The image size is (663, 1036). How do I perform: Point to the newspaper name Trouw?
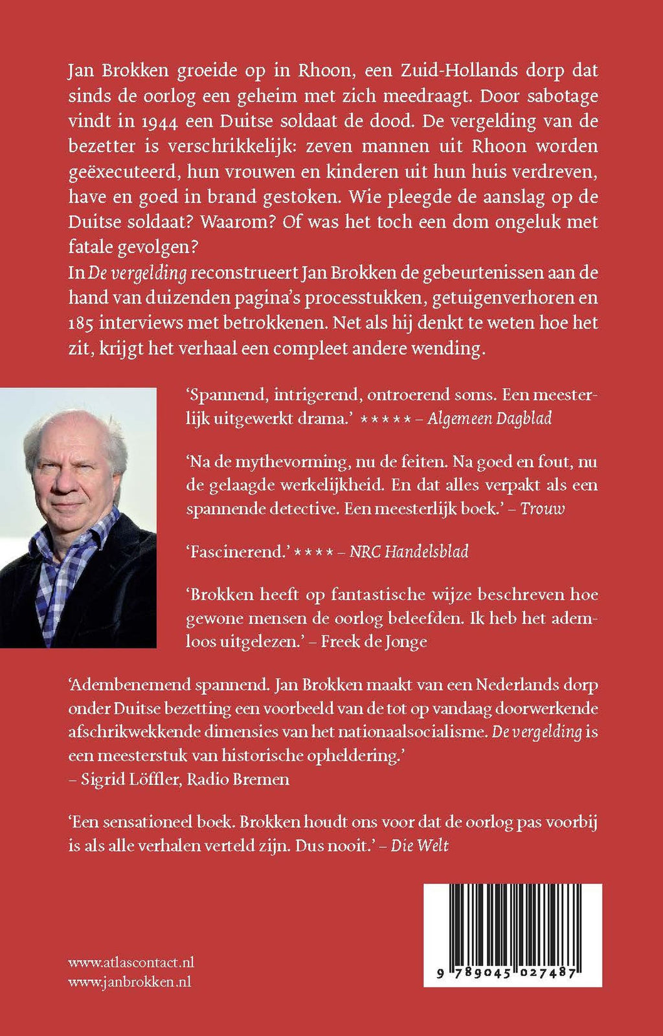pos(543,509)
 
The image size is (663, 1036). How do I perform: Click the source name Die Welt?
pos(420,845)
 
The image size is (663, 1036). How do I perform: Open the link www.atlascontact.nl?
pos(131,962)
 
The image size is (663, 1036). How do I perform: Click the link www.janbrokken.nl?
pos(129,982)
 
